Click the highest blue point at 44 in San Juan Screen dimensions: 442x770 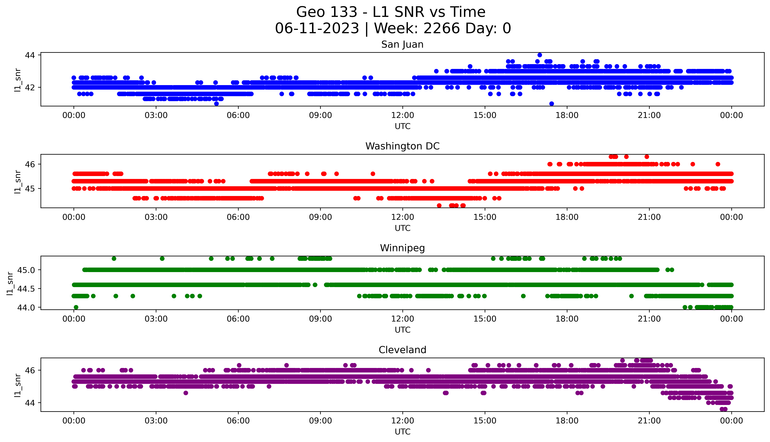(x=539, y=55)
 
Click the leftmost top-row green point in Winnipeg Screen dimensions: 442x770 (x=114, y=259)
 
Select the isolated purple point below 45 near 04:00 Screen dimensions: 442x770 (x=186, y=393)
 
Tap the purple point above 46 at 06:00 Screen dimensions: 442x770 (x=239, y=365)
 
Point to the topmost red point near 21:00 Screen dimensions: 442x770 (x=647, y=157)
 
